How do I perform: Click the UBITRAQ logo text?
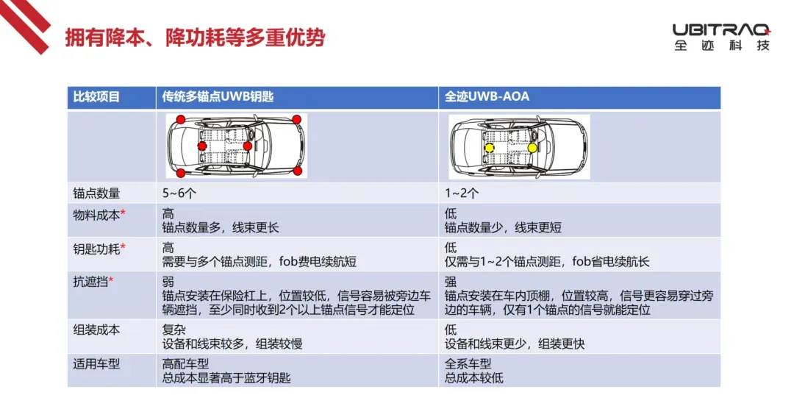click(722, 30)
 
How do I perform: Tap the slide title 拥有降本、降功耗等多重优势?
click(194, 38)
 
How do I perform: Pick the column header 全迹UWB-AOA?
click(487, 96)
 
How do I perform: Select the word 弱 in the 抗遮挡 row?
click(168, 282)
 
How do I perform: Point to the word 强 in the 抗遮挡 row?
click(450, 282)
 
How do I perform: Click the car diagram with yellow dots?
click(519, 147)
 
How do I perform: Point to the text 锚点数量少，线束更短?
click(503, 228)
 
